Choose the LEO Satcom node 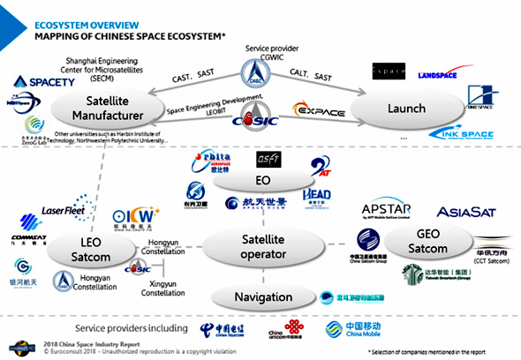coord(93,248)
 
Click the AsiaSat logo coord(470,211)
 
